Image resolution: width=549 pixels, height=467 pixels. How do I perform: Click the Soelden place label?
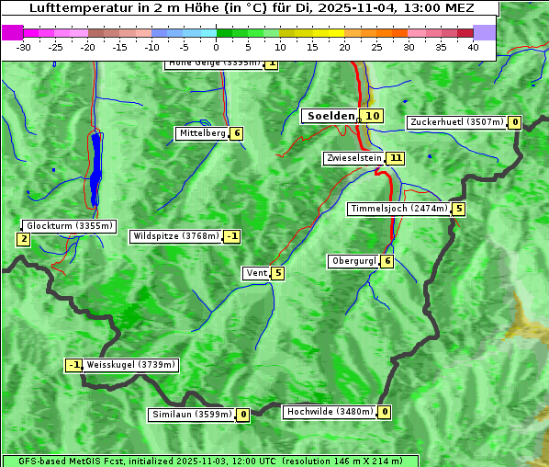330,116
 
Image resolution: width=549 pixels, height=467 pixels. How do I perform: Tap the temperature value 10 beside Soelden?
371,116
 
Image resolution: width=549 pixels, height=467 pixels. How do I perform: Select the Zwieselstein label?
353,158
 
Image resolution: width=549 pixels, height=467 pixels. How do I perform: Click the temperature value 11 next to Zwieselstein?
396,158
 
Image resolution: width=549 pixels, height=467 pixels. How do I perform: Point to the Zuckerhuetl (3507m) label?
457,122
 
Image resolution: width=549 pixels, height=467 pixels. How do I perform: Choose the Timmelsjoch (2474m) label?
399,209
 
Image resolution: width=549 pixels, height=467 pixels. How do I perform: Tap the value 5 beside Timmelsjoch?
458,209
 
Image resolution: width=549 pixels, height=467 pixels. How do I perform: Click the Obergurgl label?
353,261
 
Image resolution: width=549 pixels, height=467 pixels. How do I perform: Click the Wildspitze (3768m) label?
175,236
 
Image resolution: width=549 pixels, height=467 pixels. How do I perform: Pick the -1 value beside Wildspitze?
231,236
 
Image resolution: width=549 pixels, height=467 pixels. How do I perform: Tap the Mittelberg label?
202,133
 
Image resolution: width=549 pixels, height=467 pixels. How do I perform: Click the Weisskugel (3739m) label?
130,365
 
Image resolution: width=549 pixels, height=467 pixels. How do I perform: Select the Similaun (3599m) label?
192,415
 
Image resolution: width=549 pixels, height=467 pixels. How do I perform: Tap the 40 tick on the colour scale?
473,47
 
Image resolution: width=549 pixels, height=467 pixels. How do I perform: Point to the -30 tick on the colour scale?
24,47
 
